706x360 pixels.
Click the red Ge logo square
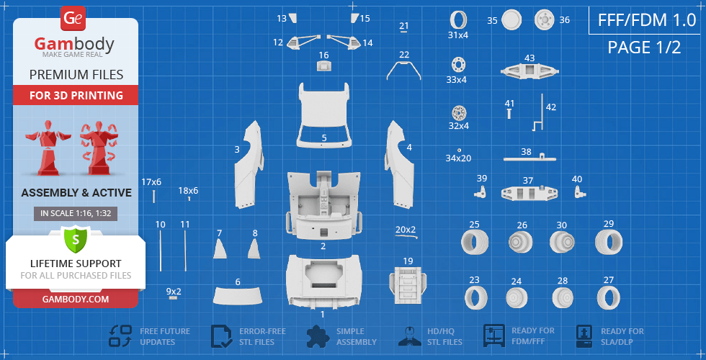(x=73, y=18)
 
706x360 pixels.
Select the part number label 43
(x=529, y=58)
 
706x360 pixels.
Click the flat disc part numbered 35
(x=511, y=20)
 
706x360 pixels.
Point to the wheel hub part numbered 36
(x=544, y=20)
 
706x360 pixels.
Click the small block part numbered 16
(x=323, y=66)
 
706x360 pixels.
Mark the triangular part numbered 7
(x=220, y=249)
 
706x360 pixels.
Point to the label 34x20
(x=458, y=158)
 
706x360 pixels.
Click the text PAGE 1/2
(x=644, y=48)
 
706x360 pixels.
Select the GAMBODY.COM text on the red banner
(x=76, y=299)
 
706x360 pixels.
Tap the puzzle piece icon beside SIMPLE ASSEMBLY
(x=318, y=336)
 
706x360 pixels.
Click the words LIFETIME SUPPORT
(x=76, y=264)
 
